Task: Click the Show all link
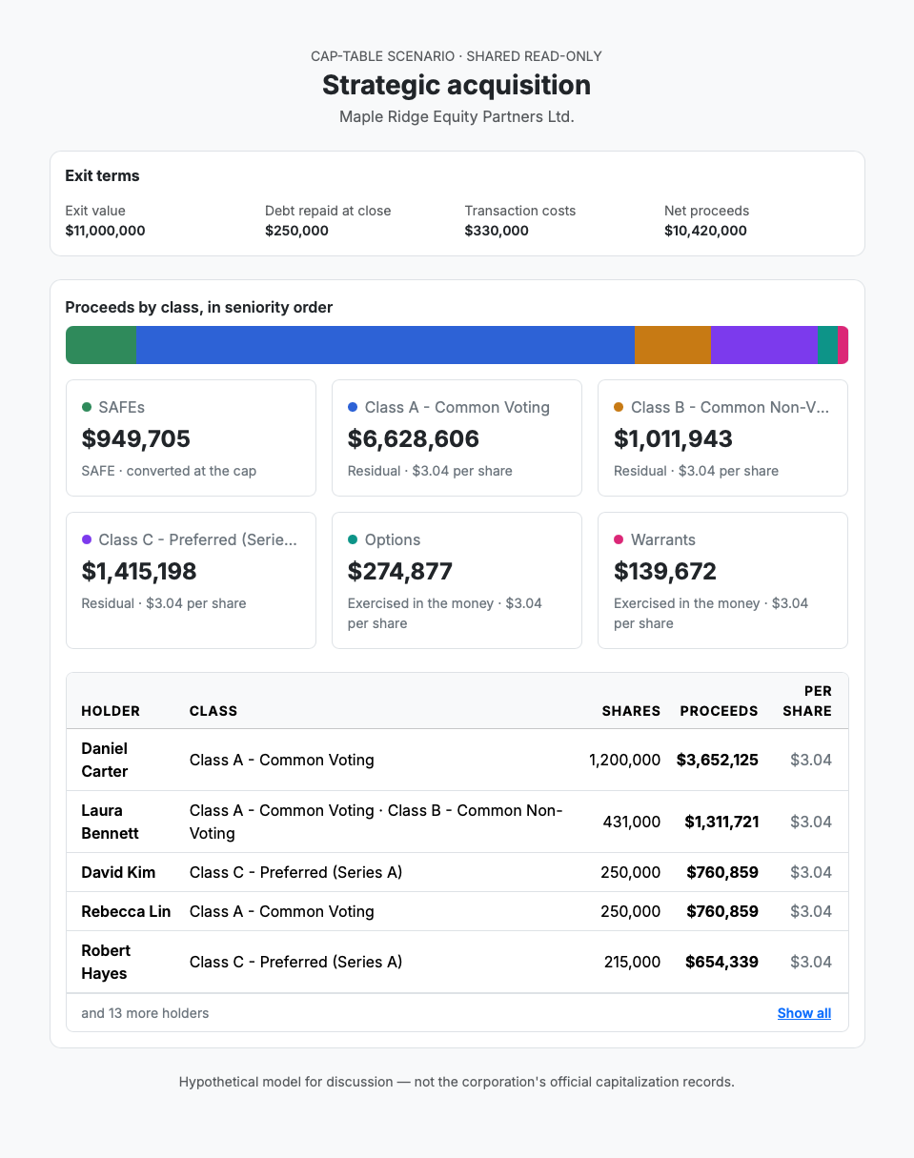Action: point(803,1013)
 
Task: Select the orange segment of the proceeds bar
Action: point(672,345)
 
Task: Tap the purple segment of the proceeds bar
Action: point(763,345)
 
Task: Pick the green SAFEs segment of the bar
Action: point(101,345)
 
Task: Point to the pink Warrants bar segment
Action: point(843,345)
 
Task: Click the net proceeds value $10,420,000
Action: point(705,231)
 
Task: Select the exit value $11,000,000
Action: point(105,231)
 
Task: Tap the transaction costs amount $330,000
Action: point(497,231)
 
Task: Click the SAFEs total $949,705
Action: point(135,438)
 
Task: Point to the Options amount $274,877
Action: point(400,571)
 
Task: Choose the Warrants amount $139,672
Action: point(665,571)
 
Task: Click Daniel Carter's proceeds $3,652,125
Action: point(717,760)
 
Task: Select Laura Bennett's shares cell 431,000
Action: point(631,822)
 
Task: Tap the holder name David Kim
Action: point(118,872)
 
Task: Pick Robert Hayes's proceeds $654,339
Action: point(721,962)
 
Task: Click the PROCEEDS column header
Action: point(719,711)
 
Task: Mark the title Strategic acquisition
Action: point(457,85)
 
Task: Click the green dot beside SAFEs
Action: point(86,407)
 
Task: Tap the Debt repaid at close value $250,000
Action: point(296,231)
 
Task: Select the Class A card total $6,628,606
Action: point(413,438)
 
